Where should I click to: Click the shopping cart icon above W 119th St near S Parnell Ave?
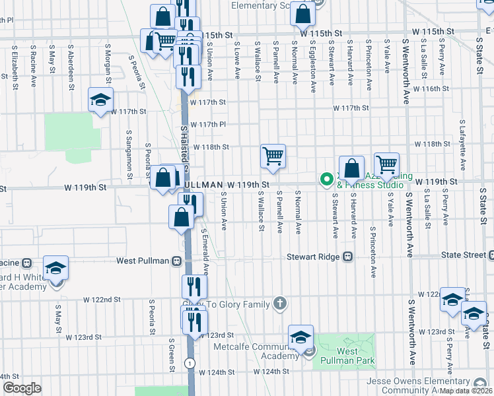point(273,156)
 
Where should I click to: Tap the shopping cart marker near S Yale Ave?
point(386,164)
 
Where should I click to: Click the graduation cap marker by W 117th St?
point(100,100)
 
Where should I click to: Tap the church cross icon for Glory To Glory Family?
point(280,304)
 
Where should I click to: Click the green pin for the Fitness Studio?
point(326,179)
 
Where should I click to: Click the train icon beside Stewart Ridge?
point(348,256)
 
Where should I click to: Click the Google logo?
point(22,387)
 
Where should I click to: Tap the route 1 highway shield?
point(190,363)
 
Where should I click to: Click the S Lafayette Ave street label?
point(462,140)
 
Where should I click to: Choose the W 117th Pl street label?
point(208,124)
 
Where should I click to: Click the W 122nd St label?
point(102,299)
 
